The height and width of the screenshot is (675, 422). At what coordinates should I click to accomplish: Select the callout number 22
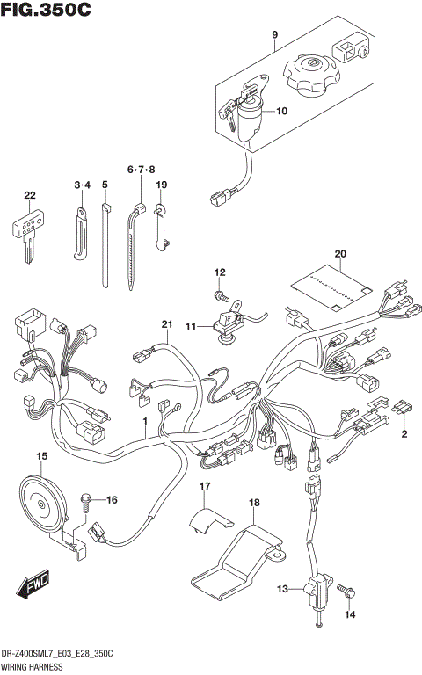[30, 195]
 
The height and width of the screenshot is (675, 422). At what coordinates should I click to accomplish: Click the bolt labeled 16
[87, 501]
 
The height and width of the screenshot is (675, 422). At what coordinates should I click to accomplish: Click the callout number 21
[164, 326]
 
